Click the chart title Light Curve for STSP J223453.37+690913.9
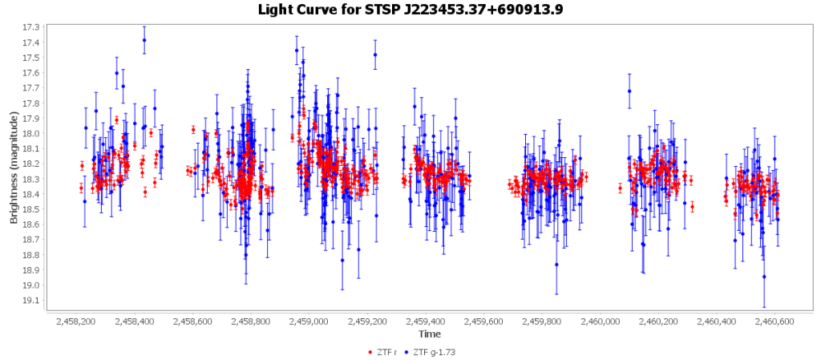click(410, 10)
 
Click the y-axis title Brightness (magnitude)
click(14, 164)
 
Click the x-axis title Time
click(429, 334)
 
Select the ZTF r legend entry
click(386, 351)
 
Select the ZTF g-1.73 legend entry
click(432, 351)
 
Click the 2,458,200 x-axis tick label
click(76, 322)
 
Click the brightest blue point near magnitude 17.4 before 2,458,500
click(144, 40)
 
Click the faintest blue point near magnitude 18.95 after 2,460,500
click(764, 277)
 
